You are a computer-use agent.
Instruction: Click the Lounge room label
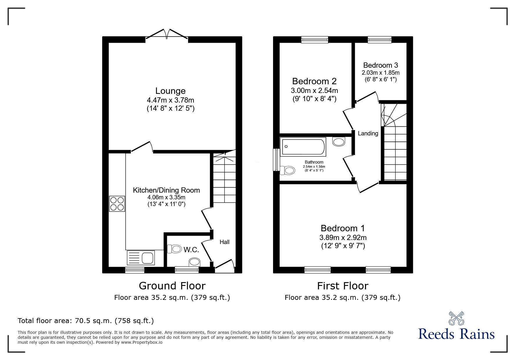[x=170, y=91]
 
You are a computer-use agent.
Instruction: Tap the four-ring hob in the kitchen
[x=117, y=204]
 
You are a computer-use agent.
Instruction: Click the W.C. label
[x=191, y=250]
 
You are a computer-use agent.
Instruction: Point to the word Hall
[x=224, y=242]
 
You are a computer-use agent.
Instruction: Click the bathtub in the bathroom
[x=303, y=147]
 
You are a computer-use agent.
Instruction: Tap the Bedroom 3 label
[x=380, y=65]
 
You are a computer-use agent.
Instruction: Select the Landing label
[x=368, y=133]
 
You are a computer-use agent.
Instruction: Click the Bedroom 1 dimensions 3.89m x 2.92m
[x=343, y=238]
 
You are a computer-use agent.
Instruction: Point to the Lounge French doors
[x=167, y=34]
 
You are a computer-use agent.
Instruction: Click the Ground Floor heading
[x=172, y=286]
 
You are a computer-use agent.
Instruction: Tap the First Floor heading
[x=343, y=286]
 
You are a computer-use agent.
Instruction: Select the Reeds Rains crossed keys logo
[x=456, y=318]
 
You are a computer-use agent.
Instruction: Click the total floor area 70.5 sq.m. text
[x=86, y=321]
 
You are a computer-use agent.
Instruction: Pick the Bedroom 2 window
[x=315, y=40]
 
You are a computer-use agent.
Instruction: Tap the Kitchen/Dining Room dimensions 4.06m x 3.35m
[x=166, y=197]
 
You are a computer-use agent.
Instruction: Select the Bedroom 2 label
[x=314, y=81]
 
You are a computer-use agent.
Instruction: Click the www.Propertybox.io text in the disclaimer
[x=142, y=342]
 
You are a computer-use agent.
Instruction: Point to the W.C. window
[x=187, y=270]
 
